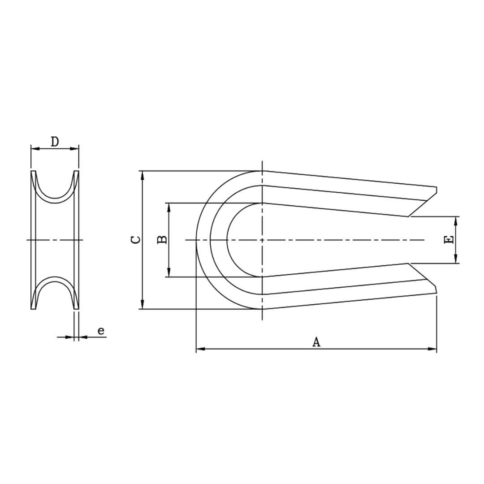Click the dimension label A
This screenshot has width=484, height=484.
(x=316, y=342)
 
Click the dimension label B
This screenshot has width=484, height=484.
(x=163, y=239)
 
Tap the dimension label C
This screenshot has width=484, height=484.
(x=135, y=240)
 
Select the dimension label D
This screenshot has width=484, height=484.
(x=55, y=142)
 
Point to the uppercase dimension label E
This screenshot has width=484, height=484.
(x=448, y=240)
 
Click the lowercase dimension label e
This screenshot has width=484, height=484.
(x=101, y=331)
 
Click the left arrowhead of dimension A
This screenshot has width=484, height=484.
(x=200, y=349)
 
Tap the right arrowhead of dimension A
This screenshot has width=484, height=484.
(x=432, y=349)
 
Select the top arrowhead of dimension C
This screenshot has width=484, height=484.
(x=143, y=175)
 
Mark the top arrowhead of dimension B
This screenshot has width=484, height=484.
(x=169, y=207)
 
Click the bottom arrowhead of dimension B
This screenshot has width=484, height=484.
(x=169, y=273)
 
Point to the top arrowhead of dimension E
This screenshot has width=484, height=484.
(x=456, y=220)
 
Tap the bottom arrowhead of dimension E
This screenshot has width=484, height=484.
(x=456, y=259)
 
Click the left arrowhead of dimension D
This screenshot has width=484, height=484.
(x=35, y=149)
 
